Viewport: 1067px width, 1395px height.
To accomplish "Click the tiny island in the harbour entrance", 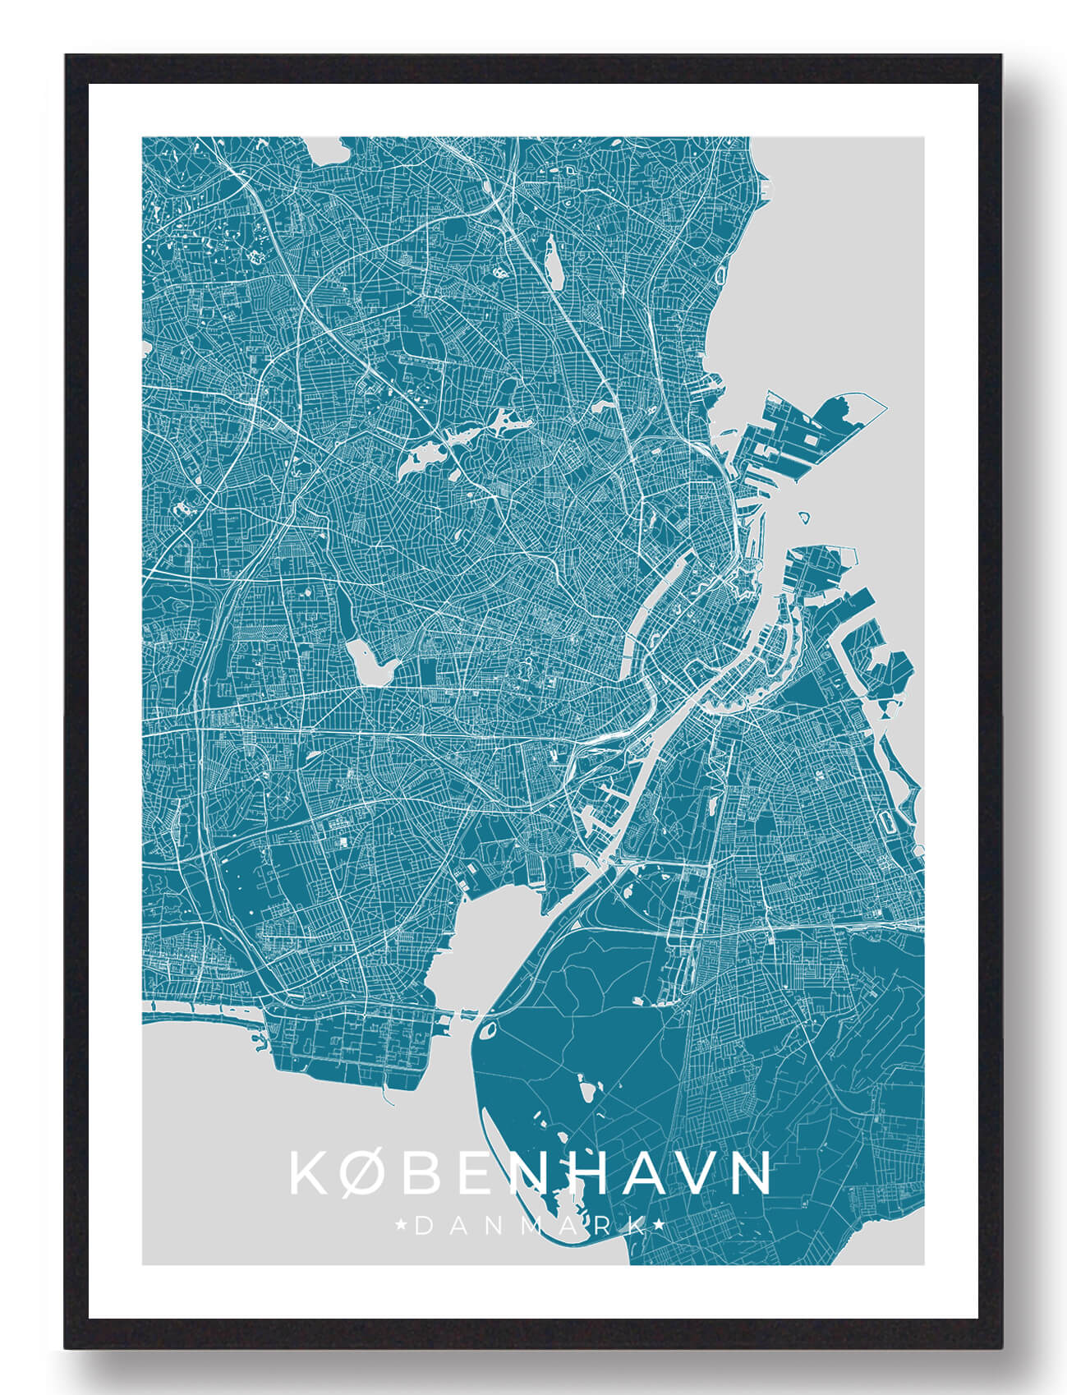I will click(806, 518).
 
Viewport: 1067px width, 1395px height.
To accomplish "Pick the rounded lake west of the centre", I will click(367, 662).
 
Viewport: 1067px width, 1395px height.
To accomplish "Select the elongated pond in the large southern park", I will click(585, 1093).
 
